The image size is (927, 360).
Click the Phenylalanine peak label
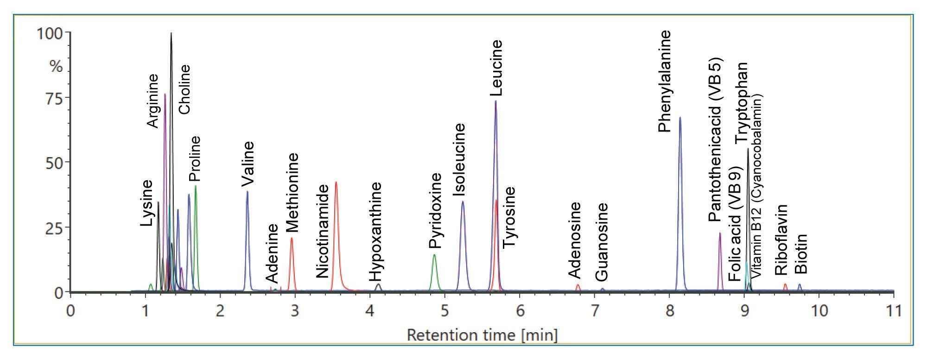pos(665,82)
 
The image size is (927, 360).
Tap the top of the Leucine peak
pos(495,101)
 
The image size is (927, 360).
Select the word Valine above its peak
pos(248,164)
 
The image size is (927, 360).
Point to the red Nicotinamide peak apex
pos(336,182)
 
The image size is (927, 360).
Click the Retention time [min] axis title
pos(482,335)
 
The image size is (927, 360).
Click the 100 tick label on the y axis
pos(50,34)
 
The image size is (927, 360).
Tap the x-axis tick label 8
pos(670,310)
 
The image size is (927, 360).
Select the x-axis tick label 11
pos(893,310)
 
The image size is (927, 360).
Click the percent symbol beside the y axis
pos(56,66)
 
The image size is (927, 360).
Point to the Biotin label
pos(801,254)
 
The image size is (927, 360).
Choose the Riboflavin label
pos(781,240)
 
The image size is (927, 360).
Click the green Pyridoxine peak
pos(434,256)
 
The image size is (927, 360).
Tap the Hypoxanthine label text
pos(375,232)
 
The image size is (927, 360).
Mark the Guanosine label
pos(601,242)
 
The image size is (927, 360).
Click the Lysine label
pos(146,203)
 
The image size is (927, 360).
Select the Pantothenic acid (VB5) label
pos(715,139)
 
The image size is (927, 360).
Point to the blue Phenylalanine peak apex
pos(680,118)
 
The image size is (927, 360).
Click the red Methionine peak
pos(292,239)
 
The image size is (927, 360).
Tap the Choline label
pos(184,89)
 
